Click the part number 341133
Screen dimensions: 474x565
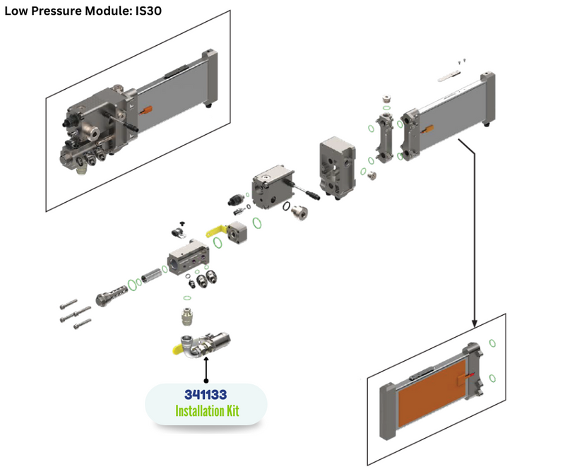[206, 394]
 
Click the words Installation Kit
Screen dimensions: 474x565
[206, 410]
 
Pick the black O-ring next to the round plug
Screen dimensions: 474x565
[285, 207]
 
